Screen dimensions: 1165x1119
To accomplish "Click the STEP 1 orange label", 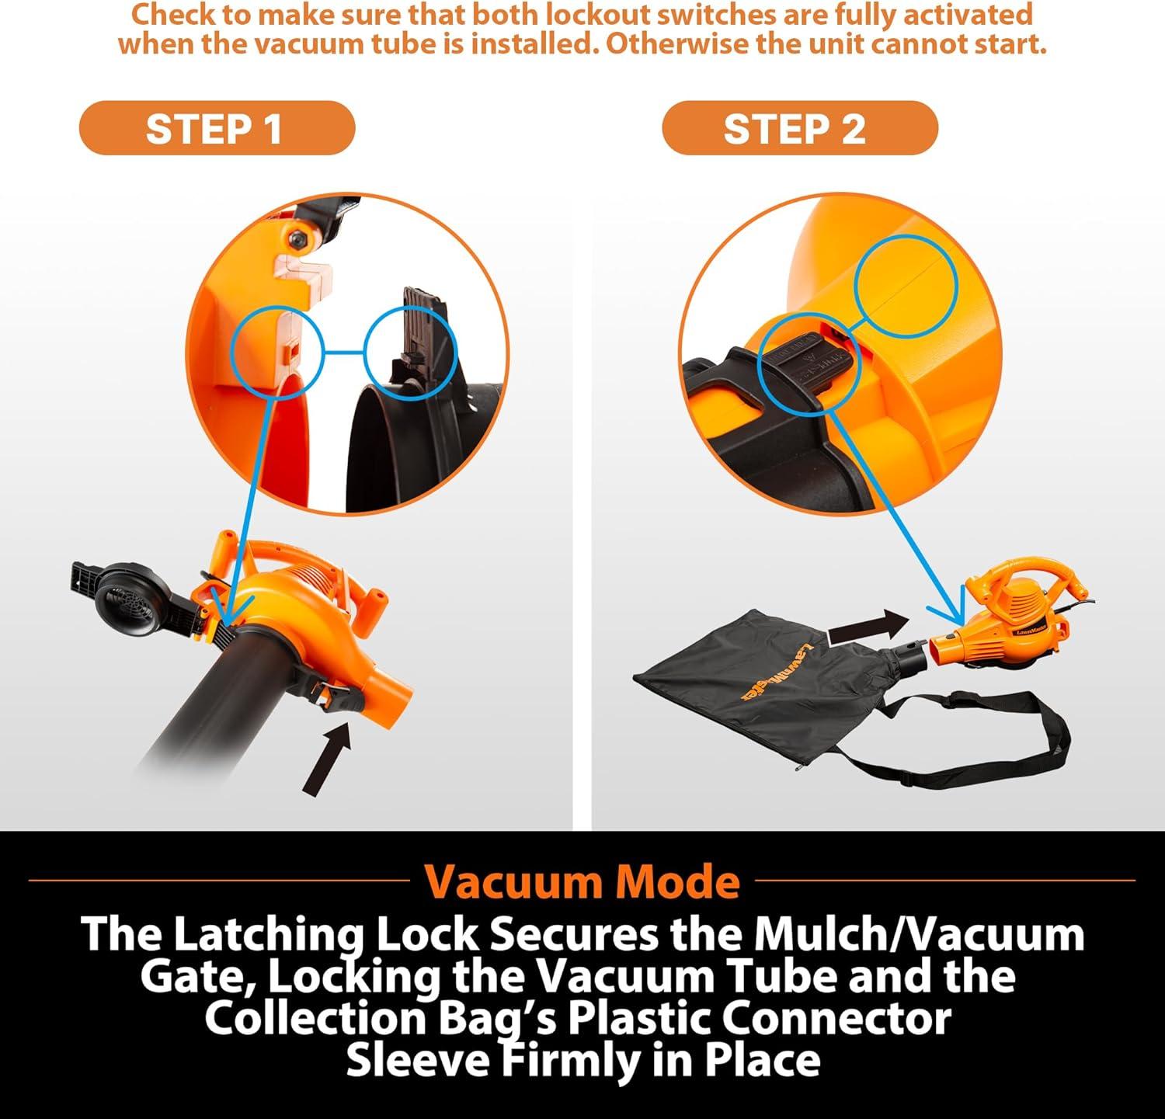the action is (217, 128).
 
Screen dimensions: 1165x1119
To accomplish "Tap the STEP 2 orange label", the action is (800, 128).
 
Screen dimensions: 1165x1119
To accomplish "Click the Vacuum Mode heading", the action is (582, 881).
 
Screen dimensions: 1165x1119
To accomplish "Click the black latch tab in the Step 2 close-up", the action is (808, 365).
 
